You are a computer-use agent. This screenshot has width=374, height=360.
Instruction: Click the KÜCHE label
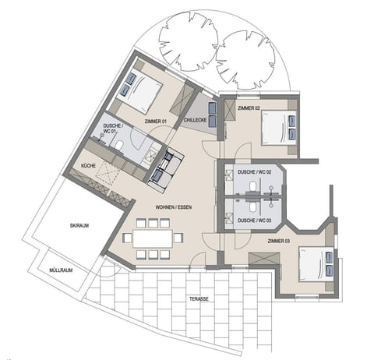(89, 166)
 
